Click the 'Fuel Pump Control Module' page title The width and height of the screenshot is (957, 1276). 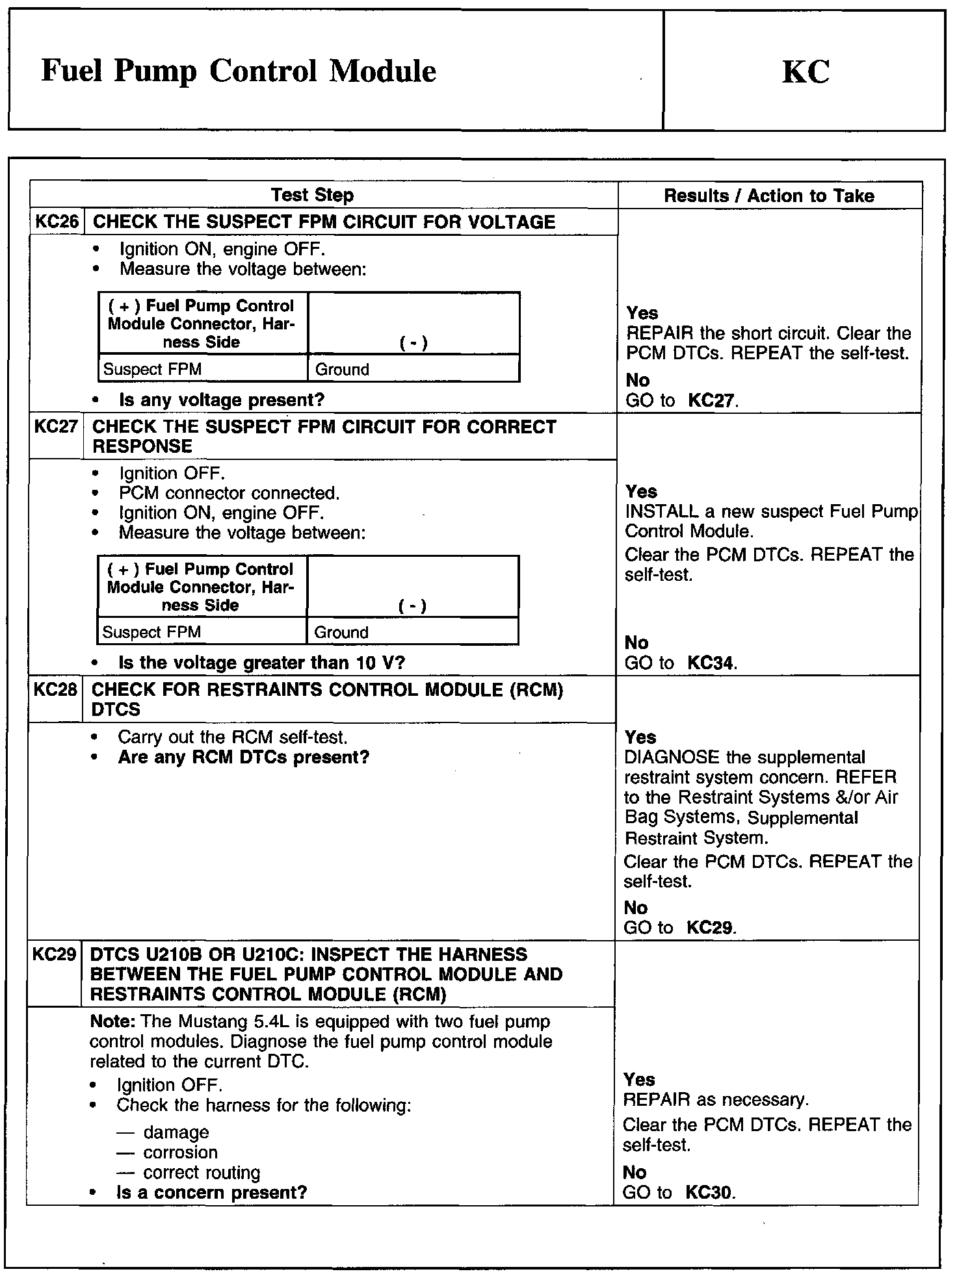point(238,71)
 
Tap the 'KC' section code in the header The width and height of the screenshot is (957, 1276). point(805,71)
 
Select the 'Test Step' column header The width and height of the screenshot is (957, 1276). point(312,195)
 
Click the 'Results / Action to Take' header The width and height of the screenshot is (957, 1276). point(769,196)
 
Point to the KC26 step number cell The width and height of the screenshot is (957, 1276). point(57,222)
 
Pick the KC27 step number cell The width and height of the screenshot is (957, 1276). point(56,427)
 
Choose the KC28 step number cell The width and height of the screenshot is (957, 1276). point(55,689)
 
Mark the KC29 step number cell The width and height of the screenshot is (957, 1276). point(54,954)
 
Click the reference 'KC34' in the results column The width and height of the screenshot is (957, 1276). point(711,663)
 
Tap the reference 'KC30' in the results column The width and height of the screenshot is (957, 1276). point(709,1193)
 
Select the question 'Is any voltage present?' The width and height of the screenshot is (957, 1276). point(222,400)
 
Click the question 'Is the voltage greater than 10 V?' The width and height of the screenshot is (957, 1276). point(262,663)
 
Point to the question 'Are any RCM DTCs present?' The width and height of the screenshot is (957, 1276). point(244,758)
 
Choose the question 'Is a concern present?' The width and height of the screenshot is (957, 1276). point(211,1192)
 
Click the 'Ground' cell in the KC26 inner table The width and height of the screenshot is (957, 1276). point(342,370)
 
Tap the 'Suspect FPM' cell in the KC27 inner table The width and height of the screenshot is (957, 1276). point(151,632)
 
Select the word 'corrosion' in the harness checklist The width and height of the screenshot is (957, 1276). point(180,1152)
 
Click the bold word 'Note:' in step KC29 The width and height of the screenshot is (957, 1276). point(112,1021)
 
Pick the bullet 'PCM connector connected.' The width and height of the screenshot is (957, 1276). point(229,493)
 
